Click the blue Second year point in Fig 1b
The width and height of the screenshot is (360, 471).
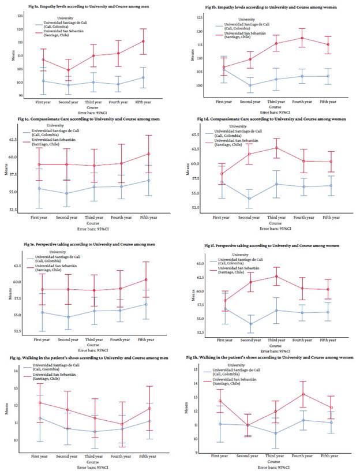[250, 85]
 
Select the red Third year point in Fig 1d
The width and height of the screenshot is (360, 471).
[276, 148]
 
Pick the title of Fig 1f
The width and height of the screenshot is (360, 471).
[275, 246]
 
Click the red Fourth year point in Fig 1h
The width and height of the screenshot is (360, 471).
[302, 394]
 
